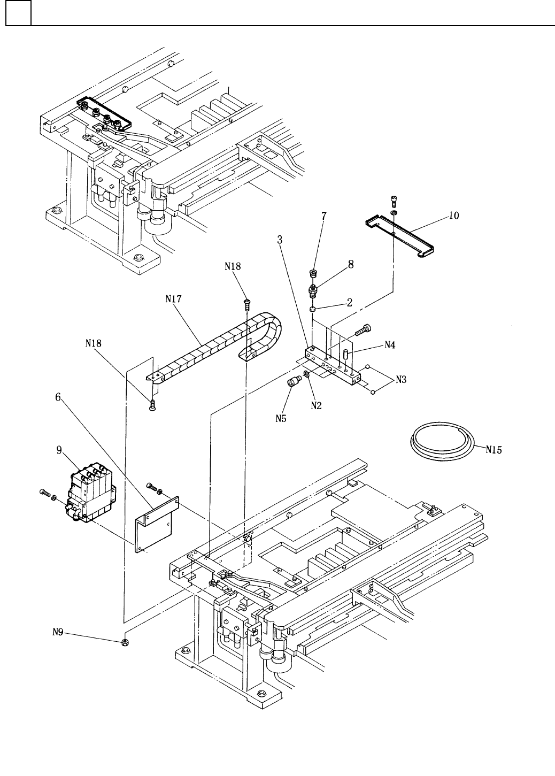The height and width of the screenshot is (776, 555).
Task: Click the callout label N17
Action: coord(173,298)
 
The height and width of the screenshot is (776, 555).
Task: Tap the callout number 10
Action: coord(454,216)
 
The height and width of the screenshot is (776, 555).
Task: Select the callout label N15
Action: coord(494,450)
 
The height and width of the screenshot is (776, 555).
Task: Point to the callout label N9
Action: coord(58,632)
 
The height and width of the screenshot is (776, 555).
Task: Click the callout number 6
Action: coord(58,397)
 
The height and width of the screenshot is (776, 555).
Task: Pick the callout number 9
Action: coord(59,450)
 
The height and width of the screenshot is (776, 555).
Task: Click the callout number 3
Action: coord(280,240)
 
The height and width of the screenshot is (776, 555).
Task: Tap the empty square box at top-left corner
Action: coord(18,13)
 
